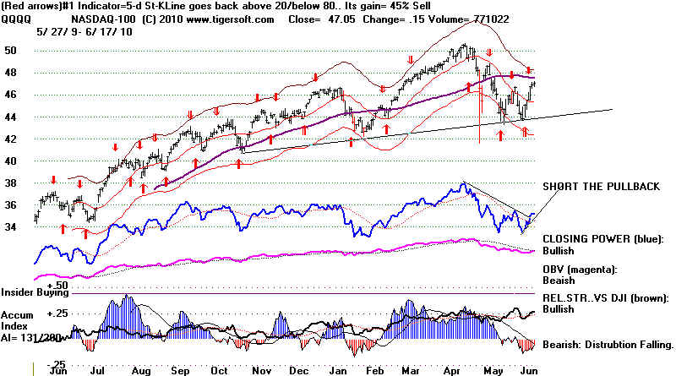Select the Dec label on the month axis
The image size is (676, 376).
pos(305,369)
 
